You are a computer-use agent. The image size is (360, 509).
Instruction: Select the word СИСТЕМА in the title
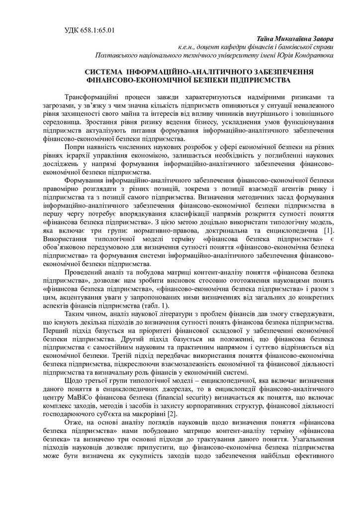(x=105, y=72)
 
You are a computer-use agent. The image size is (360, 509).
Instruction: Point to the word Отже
(x=72, y=423)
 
